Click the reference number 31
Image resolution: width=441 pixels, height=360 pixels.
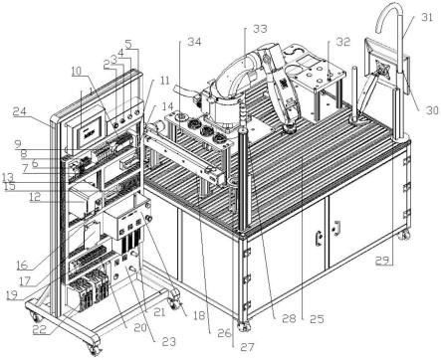(426, 17)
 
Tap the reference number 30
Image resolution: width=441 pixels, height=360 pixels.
(432, 109)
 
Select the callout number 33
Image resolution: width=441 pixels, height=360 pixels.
(260, 29)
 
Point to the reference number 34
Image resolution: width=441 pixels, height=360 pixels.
(194, 42)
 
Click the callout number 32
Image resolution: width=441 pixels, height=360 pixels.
(343, 42)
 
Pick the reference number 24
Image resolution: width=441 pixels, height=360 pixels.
(20, 112)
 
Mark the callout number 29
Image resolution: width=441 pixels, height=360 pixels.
(383, 261)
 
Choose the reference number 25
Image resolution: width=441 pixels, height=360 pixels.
(317, 318)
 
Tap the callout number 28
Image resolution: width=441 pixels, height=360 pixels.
(289, 318)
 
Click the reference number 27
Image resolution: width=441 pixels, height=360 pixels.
(247, 347)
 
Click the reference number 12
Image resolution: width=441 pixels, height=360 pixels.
(35, 197)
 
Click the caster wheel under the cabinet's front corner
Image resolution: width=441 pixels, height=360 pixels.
(244, 326)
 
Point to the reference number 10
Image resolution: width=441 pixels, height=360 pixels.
(76, 71)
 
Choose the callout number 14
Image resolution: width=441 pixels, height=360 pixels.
(167, 106)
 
